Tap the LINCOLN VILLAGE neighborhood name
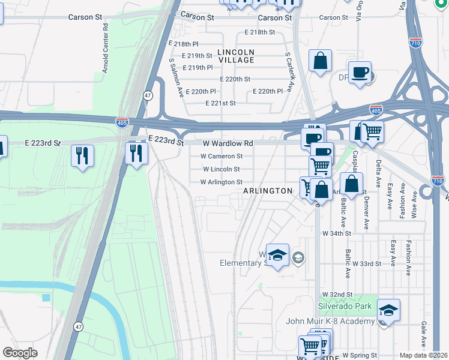236,56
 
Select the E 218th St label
259,32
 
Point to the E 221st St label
220,103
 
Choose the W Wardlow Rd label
228,143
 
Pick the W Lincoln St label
221,169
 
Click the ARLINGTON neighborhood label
267,191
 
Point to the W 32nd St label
337,295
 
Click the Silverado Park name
345,306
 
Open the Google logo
20,352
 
